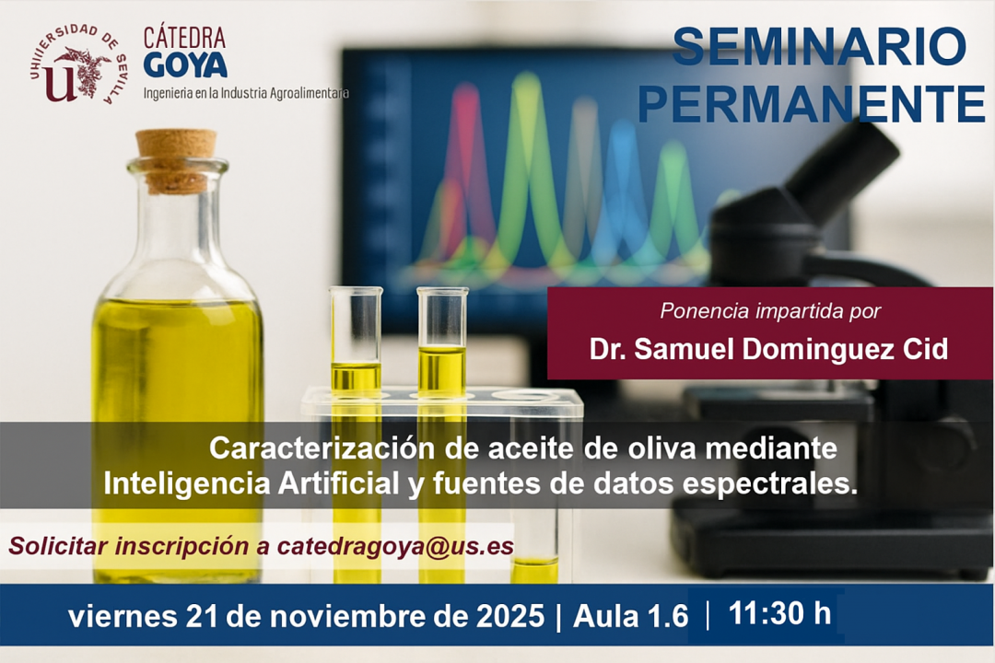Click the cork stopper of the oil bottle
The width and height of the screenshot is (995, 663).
176,160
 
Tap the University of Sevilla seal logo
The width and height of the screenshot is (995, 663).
76,64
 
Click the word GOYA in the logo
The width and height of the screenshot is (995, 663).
185,64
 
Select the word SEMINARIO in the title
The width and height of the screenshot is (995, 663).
819,46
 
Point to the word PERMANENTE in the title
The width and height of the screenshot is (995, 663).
812,103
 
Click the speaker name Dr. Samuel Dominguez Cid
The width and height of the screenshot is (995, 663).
768,349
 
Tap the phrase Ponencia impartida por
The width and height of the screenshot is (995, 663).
770,311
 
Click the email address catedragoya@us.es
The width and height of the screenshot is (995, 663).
395,546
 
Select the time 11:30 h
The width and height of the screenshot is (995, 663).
779,613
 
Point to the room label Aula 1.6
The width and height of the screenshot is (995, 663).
630,616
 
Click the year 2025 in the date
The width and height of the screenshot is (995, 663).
510,616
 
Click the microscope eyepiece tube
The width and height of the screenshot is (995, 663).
844,171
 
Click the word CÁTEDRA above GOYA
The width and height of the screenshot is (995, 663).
184,38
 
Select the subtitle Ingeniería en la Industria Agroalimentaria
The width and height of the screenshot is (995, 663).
246,93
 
